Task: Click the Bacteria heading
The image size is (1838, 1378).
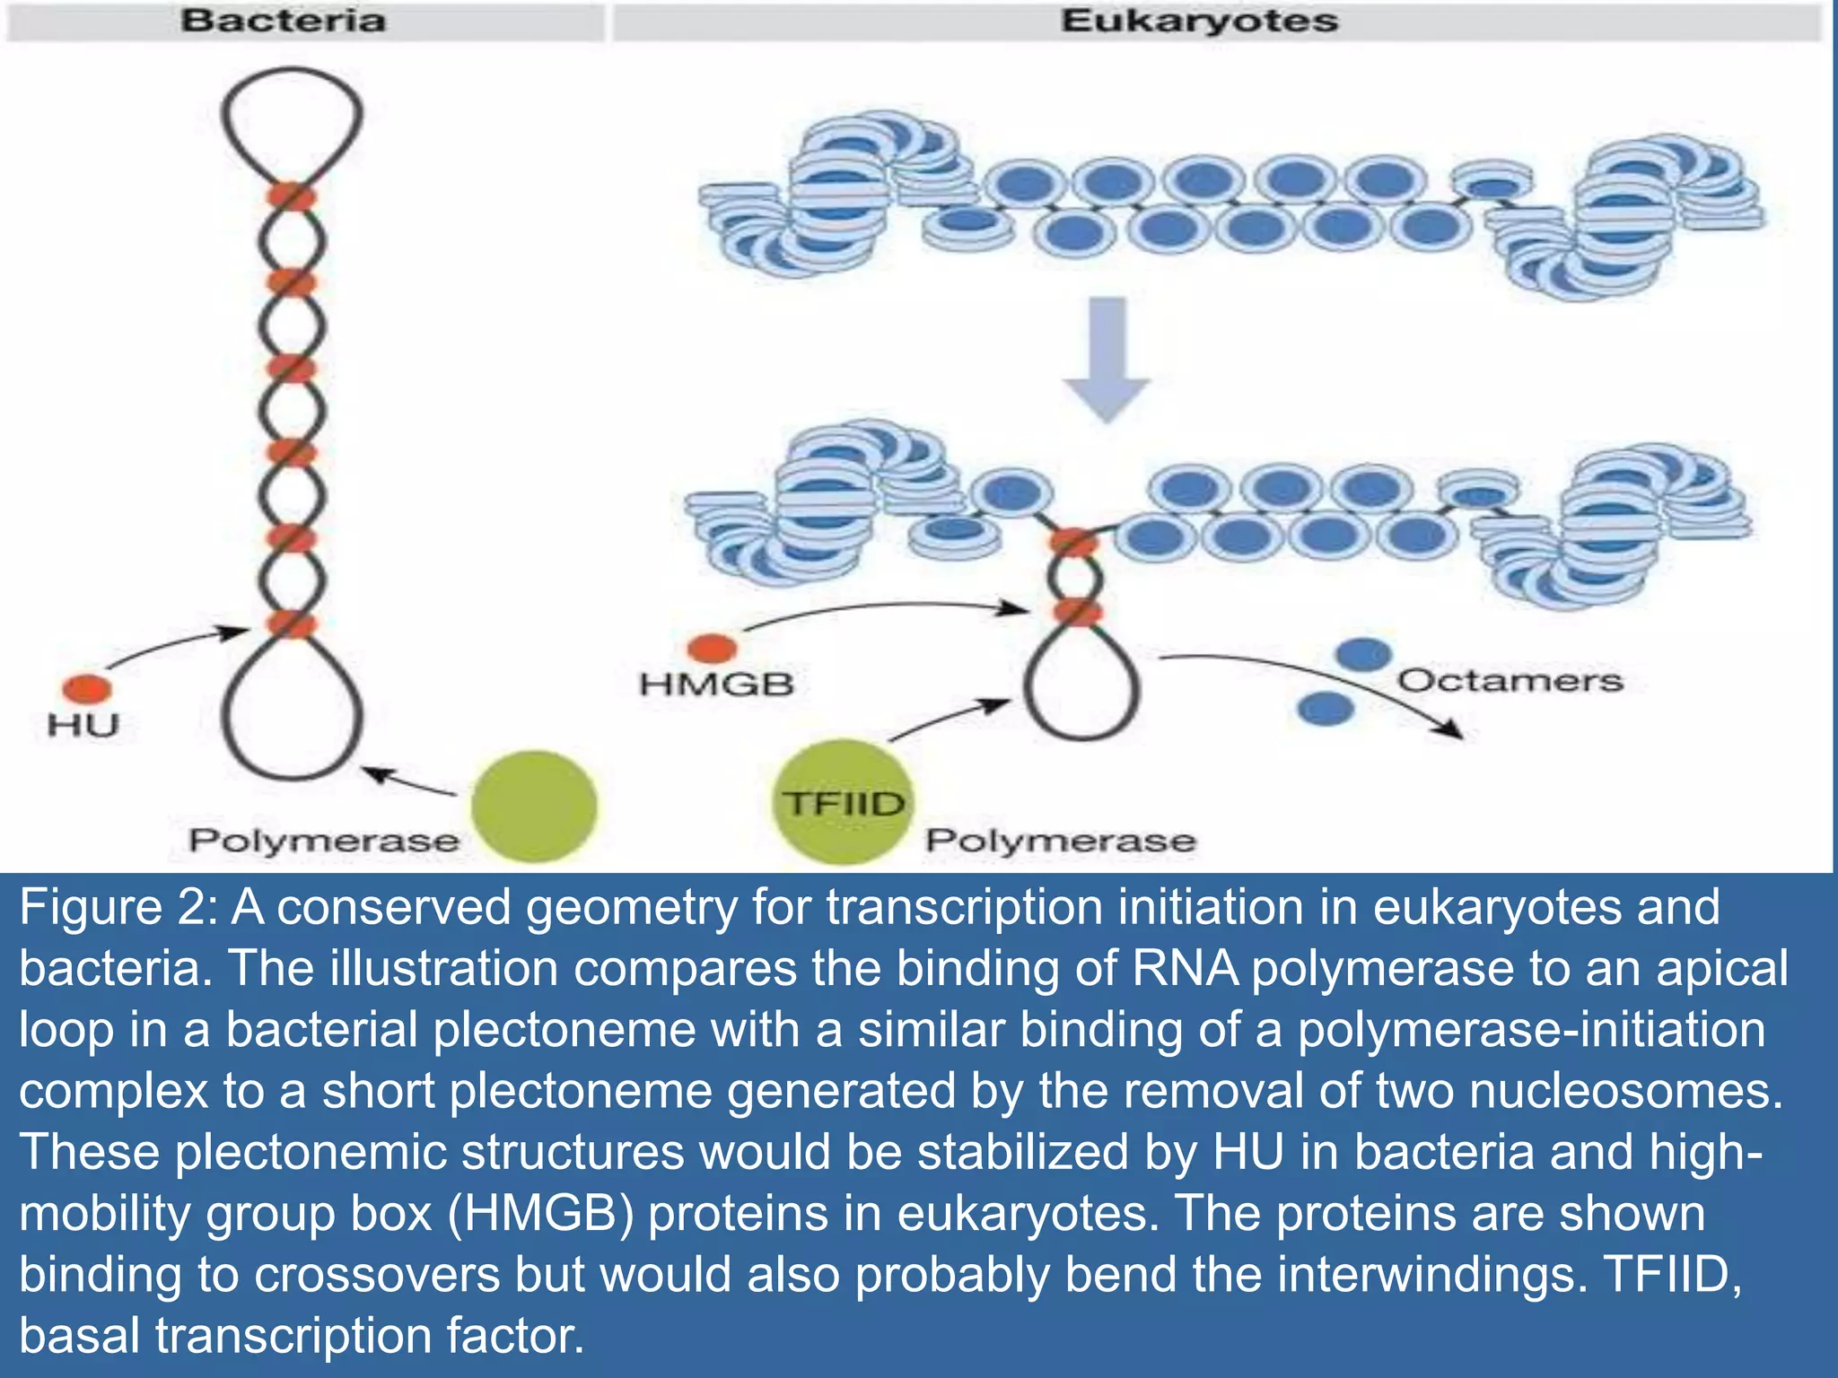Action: coord(284,21)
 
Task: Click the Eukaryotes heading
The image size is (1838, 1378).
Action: coord(1199,21)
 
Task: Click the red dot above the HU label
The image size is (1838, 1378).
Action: coord(87,689)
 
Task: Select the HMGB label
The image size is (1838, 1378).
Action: coord(716,685)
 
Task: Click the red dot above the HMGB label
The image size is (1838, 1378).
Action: coord(712,647)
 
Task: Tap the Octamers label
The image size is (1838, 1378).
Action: coord(1510,680)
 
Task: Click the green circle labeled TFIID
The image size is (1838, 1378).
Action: coord(841,801)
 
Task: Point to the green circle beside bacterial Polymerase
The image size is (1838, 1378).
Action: coord(535,806)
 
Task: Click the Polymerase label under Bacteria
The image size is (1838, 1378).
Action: coord(323,841)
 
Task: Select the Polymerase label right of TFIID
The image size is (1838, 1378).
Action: coord(1061,841)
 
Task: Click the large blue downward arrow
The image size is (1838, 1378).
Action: coord(1107,359)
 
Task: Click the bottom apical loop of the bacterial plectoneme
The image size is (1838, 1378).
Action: coord(293,713)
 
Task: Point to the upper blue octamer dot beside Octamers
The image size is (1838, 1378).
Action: coord(1363,654)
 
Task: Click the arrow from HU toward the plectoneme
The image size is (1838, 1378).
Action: coord(175,647)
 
